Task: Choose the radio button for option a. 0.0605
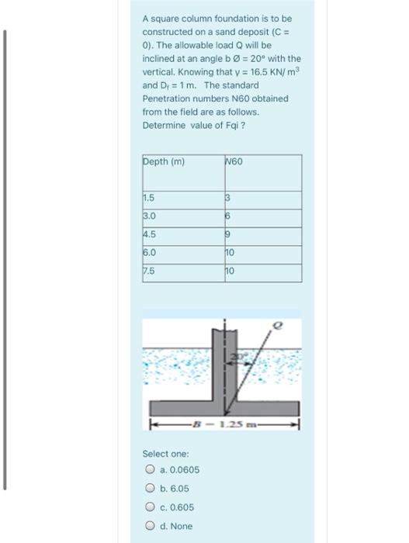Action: click(x=148, y=470)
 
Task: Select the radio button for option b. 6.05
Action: click(x=148, y=489)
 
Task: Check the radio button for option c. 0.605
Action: click(x=148, y=507)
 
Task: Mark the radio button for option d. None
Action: click(x=148, y=526)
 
